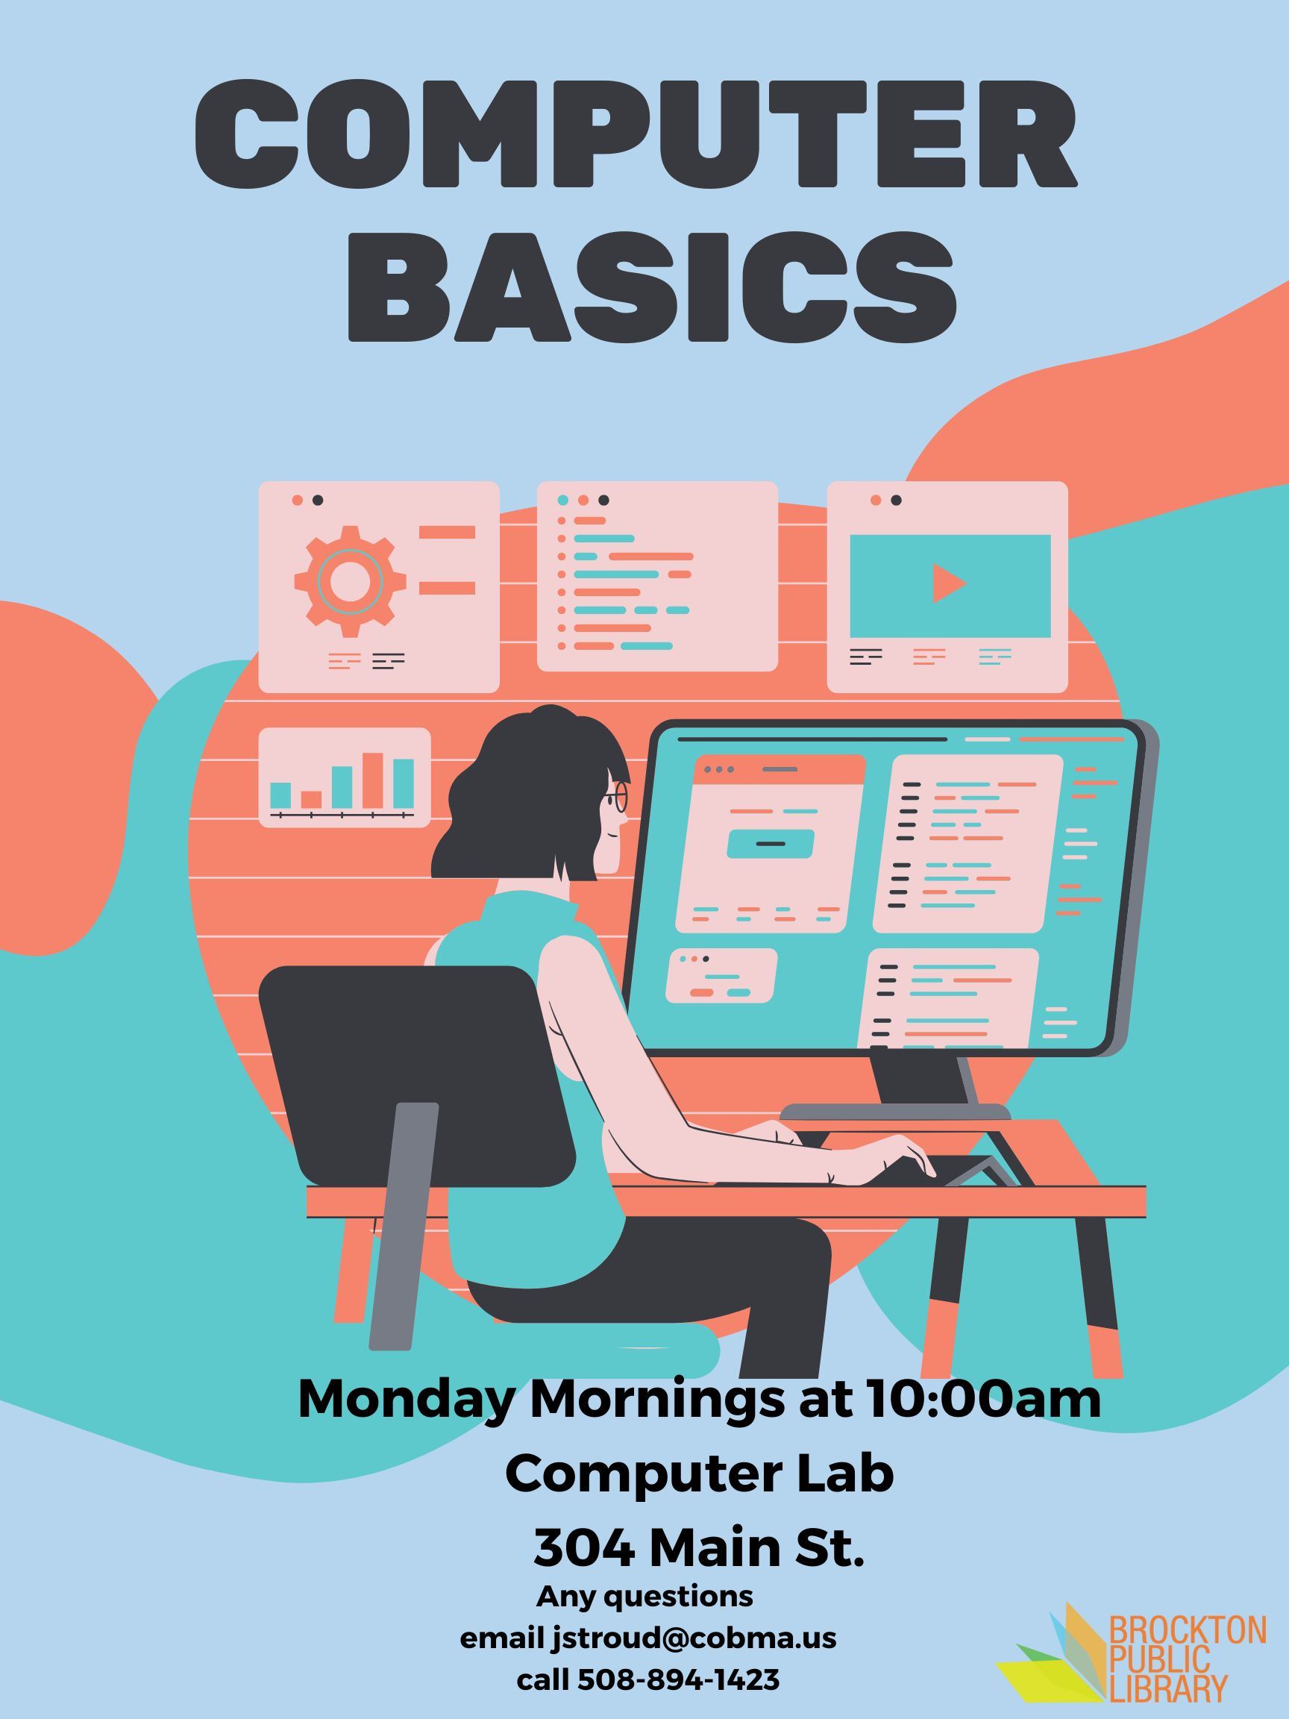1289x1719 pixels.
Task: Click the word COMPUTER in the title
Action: (x=636, y=132)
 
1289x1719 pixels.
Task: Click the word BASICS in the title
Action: (x=651, y=286)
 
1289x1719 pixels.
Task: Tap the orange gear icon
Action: (x=351, y=576)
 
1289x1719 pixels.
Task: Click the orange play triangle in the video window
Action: (x=949, y=583)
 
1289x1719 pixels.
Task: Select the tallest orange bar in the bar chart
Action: (x=373, y=780)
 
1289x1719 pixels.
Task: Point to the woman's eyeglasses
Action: (x=617, y=797)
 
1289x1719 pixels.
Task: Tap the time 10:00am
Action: (x=982, y=1398)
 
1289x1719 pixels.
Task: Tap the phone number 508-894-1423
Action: (x=678, y=1680)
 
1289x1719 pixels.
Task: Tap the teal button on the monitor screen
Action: (x=770, y=843)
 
